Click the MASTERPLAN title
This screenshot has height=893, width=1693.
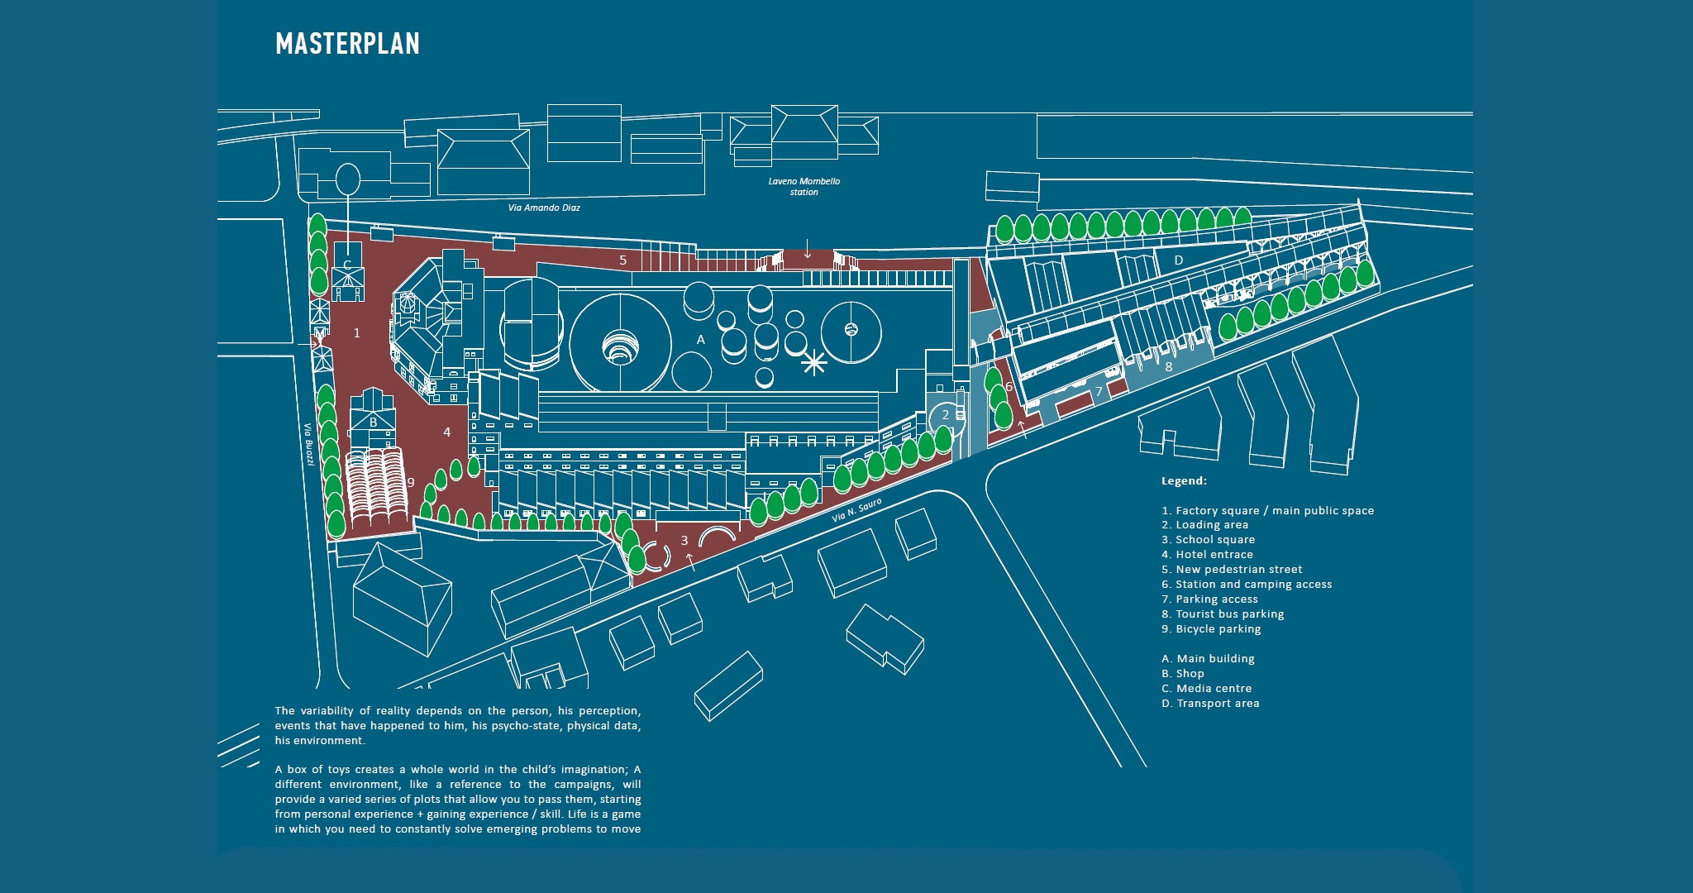pos(347,44)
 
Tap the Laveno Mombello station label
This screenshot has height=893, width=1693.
pos(804,187)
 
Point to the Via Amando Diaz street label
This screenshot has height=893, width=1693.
pos(544,208)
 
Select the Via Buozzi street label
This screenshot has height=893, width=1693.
pos(308,444)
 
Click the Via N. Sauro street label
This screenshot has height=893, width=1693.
pos(856,510)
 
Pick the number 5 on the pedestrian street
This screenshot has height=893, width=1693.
pos(622,260)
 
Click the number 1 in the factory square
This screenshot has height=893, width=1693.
pos(357,333)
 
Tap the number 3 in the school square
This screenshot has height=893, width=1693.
pos(684,541)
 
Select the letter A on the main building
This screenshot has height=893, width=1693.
pos(701,340)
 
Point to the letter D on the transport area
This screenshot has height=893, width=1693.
pos(1179,260)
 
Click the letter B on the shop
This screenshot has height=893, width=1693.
pos(373,423)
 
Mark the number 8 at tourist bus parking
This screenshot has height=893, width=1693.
pos(1169,366)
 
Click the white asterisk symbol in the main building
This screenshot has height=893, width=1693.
pos(814,361)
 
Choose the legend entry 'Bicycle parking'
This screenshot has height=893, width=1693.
pos(1211,629)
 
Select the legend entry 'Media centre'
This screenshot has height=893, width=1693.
pos(1207,689)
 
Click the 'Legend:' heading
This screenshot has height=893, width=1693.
pos(1184,481)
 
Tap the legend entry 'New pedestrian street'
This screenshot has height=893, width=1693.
pos(1232,570)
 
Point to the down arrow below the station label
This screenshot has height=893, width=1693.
pos(808,248)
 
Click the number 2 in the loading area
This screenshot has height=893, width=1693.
pos(946,415)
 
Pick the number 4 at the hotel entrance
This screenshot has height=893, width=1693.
pos(447,432)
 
